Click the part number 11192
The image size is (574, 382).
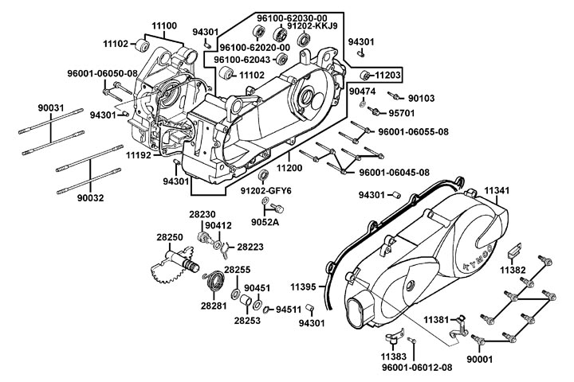tap(137, 156)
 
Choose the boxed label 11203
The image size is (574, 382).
tap(387, 76)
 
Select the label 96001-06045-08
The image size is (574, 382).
tap(394, 173)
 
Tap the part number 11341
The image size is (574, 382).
tap(496, 190)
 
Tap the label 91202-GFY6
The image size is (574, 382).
tap(266, 191)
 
